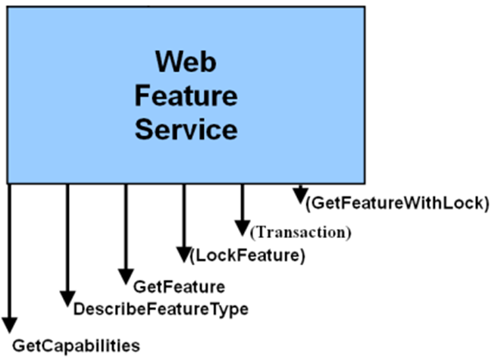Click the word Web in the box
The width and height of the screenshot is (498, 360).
[186, 61]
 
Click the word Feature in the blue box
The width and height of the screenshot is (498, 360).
[186, 95]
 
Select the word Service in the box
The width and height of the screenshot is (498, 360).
[186, 130]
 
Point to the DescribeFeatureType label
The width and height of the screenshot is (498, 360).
[161, 309]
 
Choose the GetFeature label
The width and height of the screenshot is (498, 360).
[179, 287]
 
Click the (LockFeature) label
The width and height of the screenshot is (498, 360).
[248, 256]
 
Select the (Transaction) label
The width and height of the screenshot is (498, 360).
[302, 232]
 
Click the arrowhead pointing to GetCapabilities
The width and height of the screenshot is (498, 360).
[10, 325]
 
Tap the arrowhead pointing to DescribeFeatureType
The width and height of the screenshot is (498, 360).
[67, 299]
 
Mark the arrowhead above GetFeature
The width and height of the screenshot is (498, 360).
[126, 276]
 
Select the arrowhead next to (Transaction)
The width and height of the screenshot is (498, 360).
[242, 227]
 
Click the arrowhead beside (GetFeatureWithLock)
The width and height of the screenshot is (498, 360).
[301, 196]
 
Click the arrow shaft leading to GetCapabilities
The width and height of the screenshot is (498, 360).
[10, 250]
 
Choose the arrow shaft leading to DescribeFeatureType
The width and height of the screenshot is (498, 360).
[67, 235]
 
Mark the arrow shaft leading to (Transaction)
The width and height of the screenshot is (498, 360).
[242, 201]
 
